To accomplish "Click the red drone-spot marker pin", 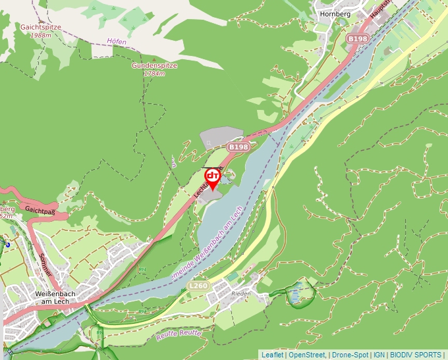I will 212,178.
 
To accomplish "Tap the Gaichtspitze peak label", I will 40,28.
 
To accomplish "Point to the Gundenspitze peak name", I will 152,66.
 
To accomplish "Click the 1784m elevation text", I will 153,74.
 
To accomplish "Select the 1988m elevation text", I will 40,36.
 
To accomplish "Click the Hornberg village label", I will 332,13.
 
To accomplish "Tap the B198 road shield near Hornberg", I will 358,39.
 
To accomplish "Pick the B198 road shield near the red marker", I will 238,147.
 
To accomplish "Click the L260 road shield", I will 198,286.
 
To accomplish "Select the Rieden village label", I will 242,294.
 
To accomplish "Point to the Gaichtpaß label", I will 38,209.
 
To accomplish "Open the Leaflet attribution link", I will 272,355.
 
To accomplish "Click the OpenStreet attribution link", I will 306,355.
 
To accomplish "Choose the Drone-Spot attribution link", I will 350,355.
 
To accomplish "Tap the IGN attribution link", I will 379,355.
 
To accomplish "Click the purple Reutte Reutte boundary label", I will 179,335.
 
